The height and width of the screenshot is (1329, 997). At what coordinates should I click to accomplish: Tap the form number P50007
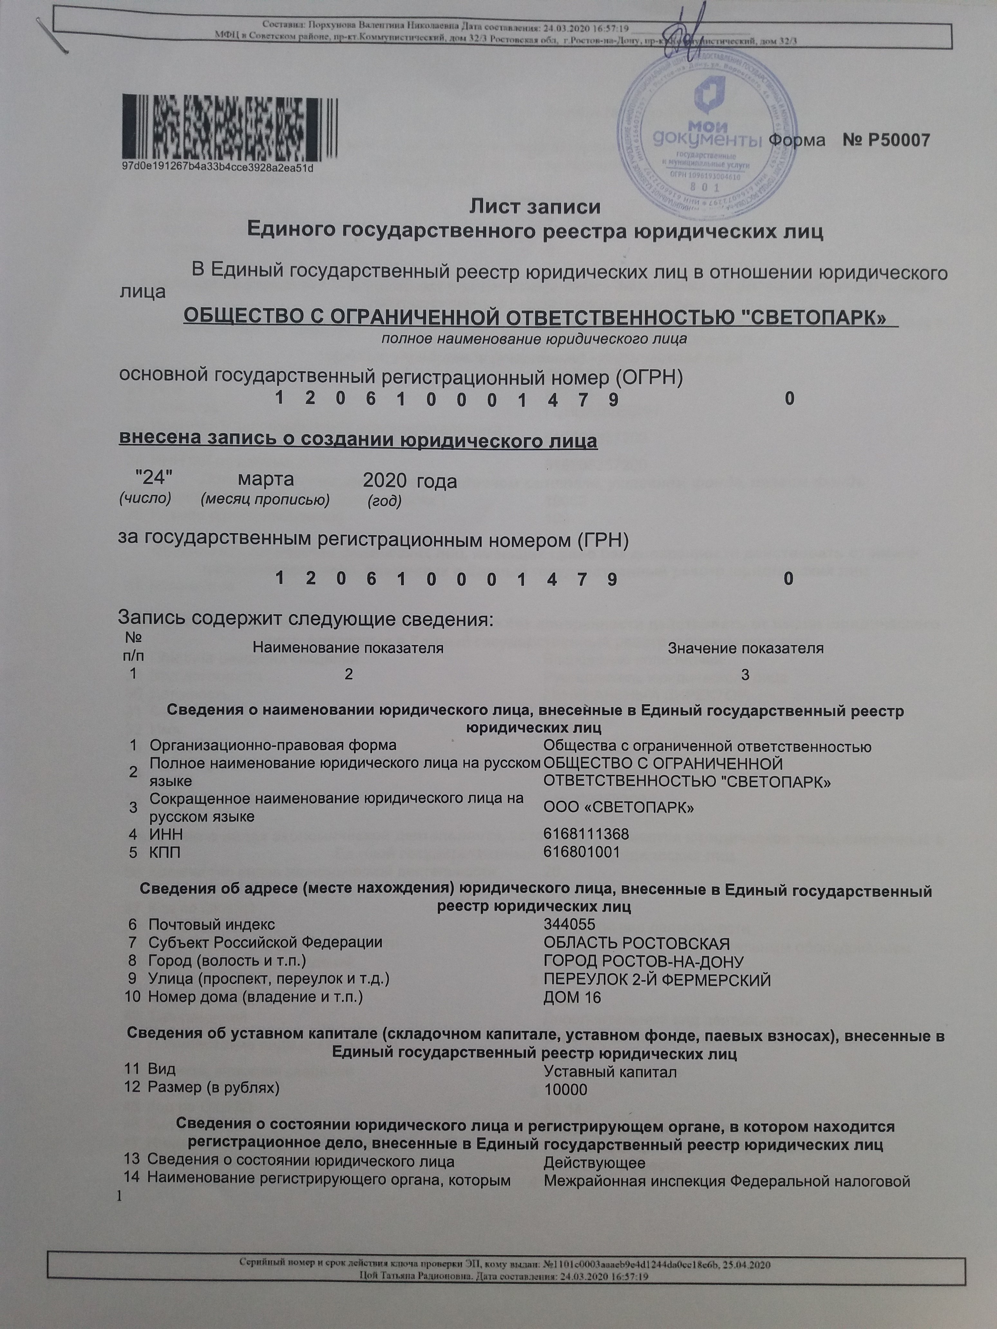pos(887,141)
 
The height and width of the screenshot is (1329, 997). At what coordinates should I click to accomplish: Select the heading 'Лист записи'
pos(535,207)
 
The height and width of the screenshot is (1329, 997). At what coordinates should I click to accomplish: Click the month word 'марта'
pos(266,479)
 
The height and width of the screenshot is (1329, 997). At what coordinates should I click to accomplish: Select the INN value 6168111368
pos(586,834)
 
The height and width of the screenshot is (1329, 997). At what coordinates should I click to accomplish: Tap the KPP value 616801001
pos(581,852)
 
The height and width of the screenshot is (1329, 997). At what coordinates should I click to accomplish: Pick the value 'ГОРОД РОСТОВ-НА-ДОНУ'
pos(643,961)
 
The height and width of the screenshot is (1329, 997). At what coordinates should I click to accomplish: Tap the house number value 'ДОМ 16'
pos(572,998)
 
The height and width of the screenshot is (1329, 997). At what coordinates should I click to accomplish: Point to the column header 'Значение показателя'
pos(745,648)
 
